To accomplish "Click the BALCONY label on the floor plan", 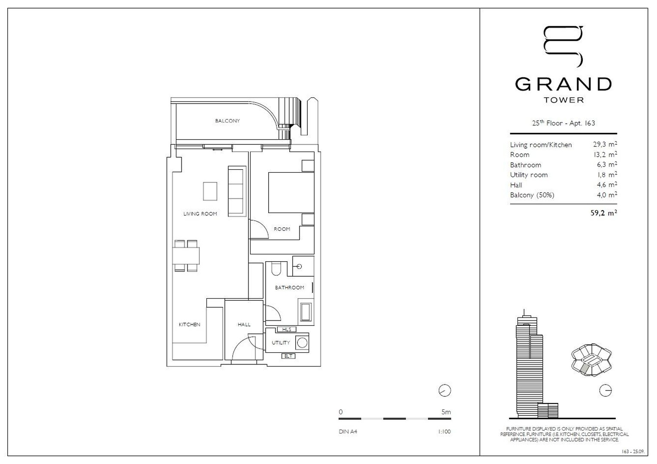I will (x=227, y=121).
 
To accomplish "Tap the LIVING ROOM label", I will (x=200, y=214).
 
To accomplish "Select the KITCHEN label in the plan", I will (x=189, y=324).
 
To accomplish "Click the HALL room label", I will (x=244, y=324).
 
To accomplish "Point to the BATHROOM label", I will (x=289, y=287).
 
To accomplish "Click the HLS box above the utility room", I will (x=287, y=330).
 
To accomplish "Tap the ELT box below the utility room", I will (x=288, y=356).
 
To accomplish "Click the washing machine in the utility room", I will (x=303, y=343).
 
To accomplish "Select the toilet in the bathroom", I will (x=276, y=269).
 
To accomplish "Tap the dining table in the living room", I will (x=186, y=256).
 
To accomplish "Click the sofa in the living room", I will (x=237, y=191).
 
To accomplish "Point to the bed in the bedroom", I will (x=291, y=192).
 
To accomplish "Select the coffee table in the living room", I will (x=210, y=191).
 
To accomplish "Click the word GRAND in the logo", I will (x=563, y=84).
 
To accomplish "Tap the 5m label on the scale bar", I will (x=446, y=412).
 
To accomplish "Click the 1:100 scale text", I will (x=444, y=432).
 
